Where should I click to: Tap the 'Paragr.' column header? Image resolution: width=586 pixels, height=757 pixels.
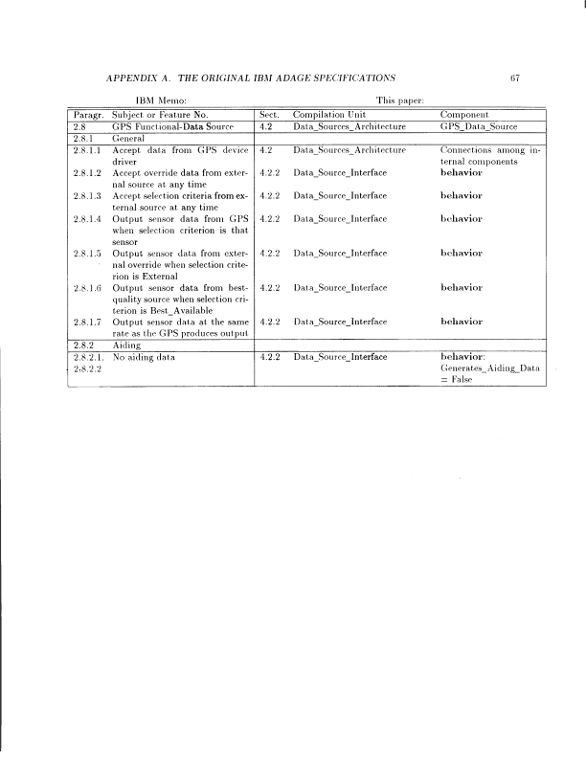coord(89,114)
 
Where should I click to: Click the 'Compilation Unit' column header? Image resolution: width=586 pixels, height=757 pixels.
coord(327,114)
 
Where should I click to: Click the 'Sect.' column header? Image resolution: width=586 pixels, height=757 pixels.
coord(269,114)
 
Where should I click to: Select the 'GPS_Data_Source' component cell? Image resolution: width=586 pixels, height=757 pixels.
coord(478,125)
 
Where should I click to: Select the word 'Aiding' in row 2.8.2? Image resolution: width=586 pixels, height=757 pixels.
coord(126,344)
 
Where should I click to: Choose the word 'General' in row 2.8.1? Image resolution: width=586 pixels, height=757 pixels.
coord(129,138)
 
